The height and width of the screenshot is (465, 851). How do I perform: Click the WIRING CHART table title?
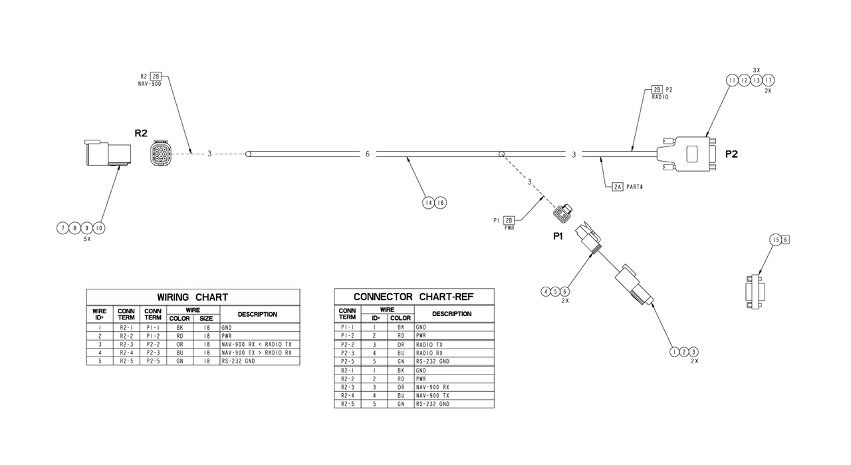[192, 297]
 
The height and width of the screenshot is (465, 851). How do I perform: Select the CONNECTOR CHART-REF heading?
[414, 297]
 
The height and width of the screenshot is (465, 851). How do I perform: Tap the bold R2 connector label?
[141, 133]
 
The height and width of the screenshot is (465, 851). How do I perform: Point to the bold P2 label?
[731, 154]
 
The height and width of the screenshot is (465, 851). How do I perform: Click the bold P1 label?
[559, 235]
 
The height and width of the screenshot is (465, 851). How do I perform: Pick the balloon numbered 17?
[769, 80]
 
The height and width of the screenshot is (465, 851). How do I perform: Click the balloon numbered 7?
[63, 228]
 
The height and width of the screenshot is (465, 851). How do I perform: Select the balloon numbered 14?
[429, 202]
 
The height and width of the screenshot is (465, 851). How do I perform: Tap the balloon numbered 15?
[775, 239]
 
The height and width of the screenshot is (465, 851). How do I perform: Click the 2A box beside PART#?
[618, 187]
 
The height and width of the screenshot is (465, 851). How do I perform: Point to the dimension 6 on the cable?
[367, 154]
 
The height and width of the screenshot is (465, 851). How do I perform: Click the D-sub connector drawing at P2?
[688, 154]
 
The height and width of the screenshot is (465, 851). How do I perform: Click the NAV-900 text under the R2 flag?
[150, 84]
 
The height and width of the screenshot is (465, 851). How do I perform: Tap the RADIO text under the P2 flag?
[660, 96]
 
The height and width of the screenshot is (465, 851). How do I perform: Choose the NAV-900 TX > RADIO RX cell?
[256, 353]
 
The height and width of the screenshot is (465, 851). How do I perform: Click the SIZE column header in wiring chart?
[206, 319]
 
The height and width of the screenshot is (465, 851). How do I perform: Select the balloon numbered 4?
[546, 291]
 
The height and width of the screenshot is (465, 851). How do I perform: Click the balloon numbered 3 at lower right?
[694, 351]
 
